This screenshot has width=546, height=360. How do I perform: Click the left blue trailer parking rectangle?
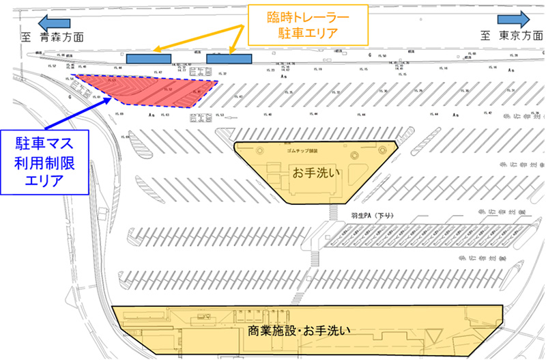(148, 59)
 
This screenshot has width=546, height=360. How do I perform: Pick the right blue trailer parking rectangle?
(229, 59)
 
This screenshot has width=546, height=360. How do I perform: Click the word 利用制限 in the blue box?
(51, 163)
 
